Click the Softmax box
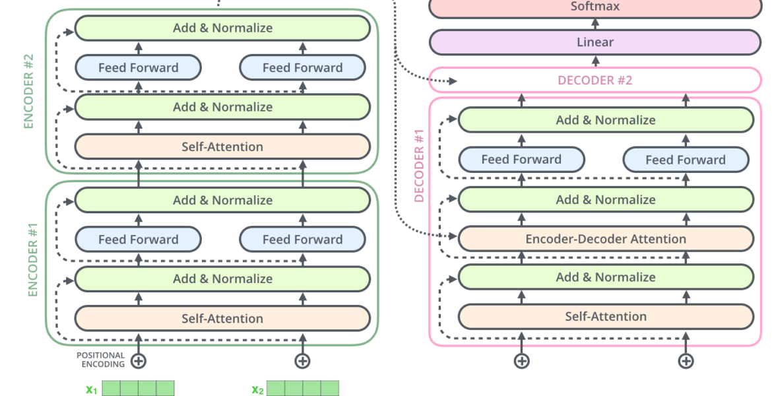(595, 7)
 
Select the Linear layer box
(595, 42)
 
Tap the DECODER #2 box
(595, 81)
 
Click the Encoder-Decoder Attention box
(606, 239)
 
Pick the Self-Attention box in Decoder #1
(606, 316)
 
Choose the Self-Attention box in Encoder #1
(222, 318)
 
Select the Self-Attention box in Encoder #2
(222, 147)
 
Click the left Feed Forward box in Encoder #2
(139, 67)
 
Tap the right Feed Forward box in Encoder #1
(302, 240)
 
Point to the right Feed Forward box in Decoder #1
(686, 160)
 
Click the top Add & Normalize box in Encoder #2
(222, 28)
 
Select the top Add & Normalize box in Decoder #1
(606, 119)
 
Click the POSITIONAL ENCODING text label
(100, 360)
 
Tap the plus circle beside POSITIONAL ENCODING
(139, 361)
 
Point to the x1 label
(92, 390)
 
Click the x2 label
(257, 390)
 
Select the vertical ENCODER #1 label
(33, 259)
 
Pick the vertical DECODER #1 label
(419, 166)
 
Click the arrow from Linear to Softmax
(595, 24)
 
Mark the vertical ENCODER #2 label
(28, 91)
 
